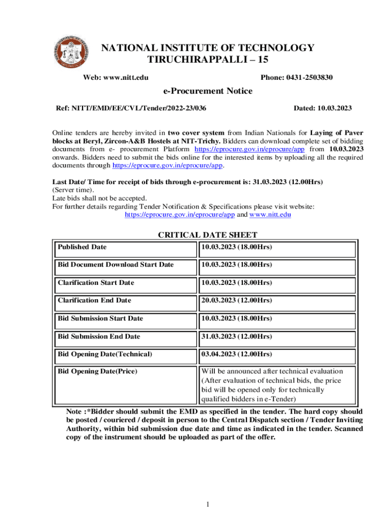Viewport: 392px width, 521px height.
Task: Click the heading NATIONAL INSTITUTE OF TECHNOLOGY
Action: (x=208, y=48)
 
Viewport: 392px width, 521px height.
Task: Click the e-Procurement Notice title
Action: (x=207, y=91)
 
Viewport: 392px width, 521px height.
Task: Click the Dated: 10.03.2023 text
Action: (x=323, y=108)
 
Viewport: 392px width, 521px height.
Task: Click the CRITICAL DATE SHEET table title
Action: (x=208, y=235)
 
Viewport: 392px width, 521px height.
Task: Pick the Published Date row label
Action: (x=82, y=247)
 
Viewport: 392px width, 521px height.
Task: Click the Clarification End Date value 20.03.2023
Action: (x=236, y=300)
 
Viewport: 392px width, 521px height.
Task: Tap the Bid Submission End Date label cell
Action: (x=99, y=336)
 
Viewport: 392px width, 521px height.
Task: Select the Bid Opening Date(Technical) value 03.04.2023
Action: (x=236, y=354)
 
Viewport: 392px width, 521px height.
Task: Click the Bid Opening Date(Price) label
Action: (x=97, y=371)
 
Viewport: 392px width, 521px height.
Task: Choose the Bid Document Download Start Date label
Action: (x=116, y=265)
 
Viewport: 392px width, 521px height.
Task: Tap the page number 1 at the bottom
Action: (x=208, y=504)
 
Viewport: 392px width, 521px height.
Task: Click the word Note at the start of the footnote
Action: (x=75, y=412)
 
